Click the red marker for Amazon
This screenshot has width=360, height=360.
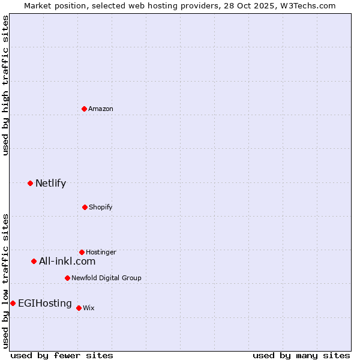click(84, 109)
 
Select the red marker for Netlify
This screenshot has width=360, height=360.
click(30, 183)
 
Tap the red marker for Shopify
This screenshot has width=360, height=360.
click(85, 207)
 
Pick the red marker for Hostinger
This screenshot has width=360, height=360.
click(82, 252)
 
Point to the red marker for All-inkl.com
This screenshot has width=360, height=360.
click(34, 261)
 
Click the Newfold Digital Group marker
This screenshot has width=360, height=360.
click(67, 278)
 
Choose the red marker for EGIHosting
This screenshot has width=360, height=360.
click(13, 303)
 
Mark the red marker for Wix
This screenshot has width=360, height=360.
click(79, 308)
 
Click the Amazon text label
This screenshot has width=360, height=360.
click(101, 109)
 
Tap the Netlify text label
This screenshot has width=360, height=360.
click(50, 183)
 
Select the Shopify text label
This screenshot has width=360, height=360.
click(101, 207)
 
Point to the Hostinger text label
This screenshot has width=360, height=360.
click(101, 252)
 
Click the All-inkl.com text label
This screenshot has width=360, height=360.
click(67, 261)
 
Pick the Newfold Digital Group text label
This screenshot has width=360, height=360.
click(106, 278)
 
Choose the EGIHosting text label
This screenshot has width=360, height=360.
click(45, 303)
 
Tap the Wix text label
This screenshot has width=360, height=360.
click(89, 308)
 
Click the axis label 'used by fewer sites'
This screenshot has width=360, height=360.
click(62, 355)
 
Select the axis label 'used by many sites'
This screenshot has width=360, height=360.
click(301, 355)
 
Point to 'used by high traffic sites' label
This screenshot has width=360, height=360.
click(5, 85)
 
